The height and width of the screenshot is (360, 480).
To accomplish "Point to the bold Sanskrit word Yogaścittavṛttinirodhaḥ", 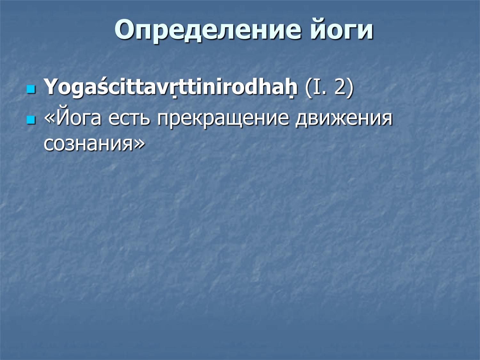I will pos(171,87).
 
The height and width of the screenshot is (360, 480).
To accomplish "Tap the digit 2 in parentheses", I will pos(339,87).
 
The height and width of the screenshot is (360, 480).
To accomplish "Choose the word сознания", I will pos(88,144).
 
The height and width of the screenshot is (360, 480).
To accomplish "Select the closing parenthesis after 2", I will pos(350,87).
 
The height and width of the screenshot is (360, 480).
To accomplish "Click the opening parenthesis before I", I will pos(309,87).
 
